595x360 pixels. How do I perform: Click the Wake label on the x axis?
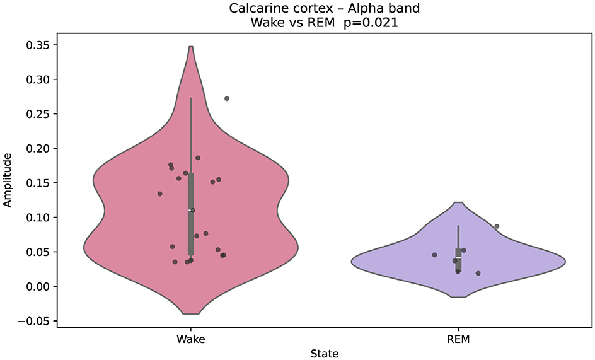tap(191, 339)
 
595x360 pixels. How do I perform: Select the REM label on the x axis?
tap(458, 339)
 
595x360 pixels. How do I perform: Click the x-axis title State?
tap(324, 354)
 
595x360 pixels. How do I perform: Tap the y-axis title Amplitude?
tap(8, 180)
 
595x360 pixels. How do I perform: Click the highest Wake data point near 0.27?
tap(227, 98)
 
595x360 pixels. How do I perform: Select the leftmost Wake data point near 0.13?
tap(159, 194)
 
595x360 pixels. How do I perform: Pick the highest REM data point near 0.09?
tap(497, 226)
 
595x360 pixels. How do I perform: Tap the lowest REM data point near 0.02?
tap(478, 274)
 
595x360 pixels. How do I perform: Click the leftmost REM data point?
tap(435, 255)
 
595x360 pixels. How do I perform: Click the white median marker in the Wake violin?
tap(190, 211)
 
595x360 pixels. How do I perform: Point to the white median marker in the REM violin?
tap(458, 259)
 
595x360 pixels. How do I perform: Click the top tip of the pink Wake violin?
tap(190, 47)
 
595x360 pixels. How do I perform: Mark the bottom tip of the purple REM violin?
tap(458, 297)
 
